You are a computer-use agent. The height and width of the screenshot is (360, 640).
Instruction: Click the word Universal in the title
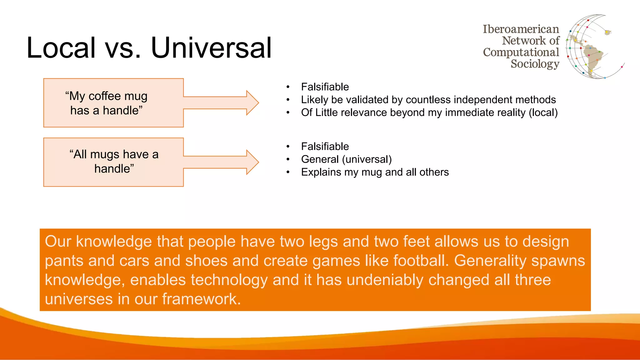tap(211, 47)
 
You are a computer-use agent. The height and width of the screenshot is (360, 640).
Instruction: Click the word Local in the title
tap(61, 47)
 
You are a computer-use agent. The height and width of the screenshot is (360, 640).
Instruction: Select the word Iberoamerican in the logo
tap(521, 29)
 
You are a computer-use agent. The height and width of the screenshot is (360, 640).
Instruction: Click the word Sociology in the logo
tap(535, 64)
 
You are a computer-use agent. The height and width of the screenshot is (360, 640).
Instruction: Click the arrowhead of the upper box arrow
tap(252, 102)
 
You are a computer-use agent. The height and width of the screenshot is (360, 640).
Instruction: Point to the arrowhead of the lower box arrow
tap(252, 162)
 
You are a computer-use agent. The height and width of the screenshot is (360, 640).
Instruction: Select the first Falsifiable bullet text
tap(325, 87)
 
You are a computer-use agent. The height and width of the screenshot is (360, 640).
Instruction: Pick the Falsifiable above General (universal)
tap(325, 146)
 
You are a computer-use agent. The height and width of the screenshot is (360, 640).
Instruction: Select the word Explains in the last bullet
tap(321, 172)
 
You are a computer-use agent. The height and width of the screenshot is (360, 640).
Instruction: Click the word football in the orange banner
tap(420, 261)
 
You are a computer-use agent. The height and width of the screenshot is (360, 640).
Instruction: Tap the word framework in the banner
tap(201, 299)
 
